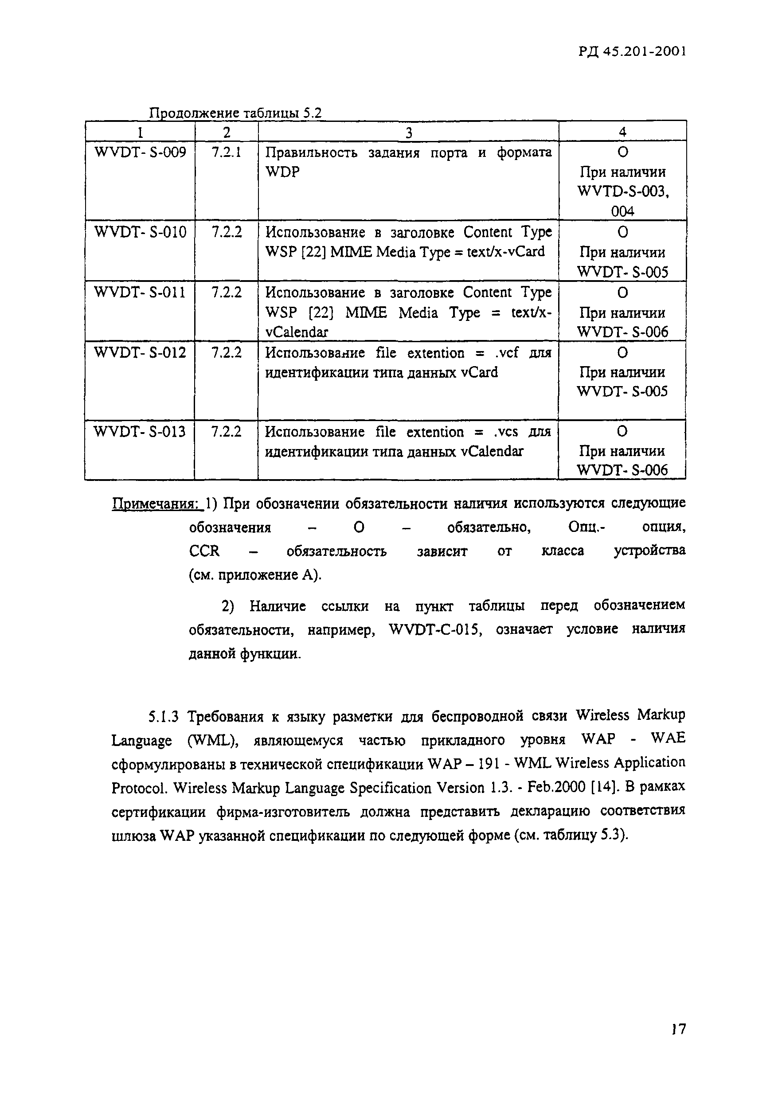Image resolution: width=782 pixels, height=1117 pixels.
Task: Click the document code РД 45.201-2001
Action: click(x=632, y=51)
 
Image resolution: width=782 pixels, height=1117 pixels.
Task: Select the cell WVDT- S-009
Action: click(x=140, y=153)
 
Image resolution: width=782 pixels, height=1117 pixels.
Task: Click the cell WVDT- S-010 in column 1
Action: click(x=140, y=232)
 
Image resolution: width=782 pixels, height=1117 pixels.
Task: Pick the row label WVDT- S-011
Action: click(x=140, y=293)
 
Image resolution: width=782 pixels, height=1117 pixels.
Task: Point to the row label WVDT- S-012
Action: click(x=140, y=352)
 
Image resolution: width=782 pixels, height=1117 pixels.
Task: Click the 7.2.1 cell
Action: click(x=226, y=153)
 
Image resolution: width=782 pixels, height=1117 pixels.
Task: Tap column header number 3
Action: click(x=408, y=133)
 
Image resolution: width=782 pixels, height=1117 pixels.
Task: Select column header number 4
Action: click(x=622, y=132)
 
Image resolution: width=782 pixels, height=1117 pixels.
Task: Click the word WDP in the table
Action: click(x=282, y=172)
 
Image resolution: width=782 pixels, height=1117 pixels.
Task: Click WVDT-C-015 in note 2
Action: click(x=435, y=629)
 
